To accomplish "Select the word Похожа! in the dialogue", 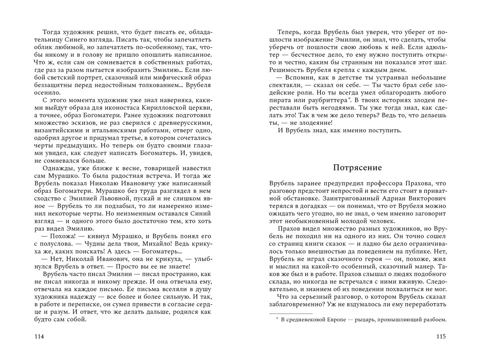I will (54, 235).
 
